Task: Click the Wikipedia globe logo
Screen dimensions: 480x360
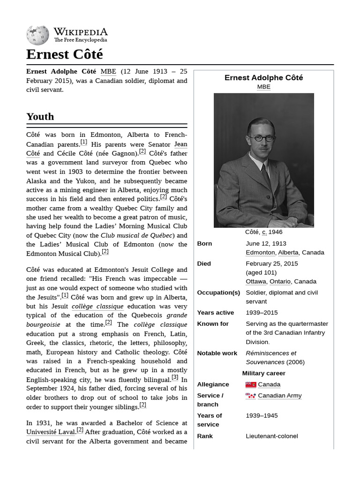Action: click(x=37, y=35)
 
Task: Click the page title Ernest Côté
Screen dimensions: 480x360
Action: click(x=64, y=54)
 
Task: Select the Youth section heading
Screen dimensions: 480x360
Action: click(x=40, y=116)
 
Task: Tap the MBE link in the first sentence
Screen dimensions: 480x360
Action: click(x=108, y=71)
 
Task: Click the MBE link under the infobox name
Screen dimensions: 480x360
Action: click(x=263, y=87)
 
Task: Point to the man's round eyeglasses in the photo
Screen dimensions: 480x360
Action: click(x=262, y=138)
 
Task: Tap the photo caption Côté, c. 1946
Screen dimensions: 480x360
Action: click(x=263, y=232)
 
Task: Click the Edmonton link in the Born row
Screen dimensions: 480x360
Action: click(x=260, y=252)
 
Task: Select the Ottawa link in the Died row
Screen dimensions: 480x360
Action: click(x=256, y=281)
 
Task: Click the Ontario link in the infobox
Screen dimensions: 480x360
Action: click(x=280, y=281)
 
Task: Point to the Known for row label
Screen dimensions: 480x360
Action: click(x=213, y=323)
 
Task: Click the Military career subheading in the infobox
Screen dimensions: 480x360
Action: click(x=263, y=373)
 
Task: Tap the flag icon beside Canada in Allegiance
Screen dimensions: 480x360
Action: click(x=251, y=384)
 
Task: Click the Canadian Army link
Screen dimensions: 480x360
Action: click(x=279, y=396)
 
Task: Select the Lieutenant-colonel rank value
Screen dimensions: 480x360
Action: click(x=271, y=436)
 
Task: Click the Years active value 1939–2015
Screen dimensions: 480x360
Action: click(x=262, y=313)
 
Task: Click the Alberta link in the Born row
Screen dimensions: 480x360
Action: click(x=288, y=252)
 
